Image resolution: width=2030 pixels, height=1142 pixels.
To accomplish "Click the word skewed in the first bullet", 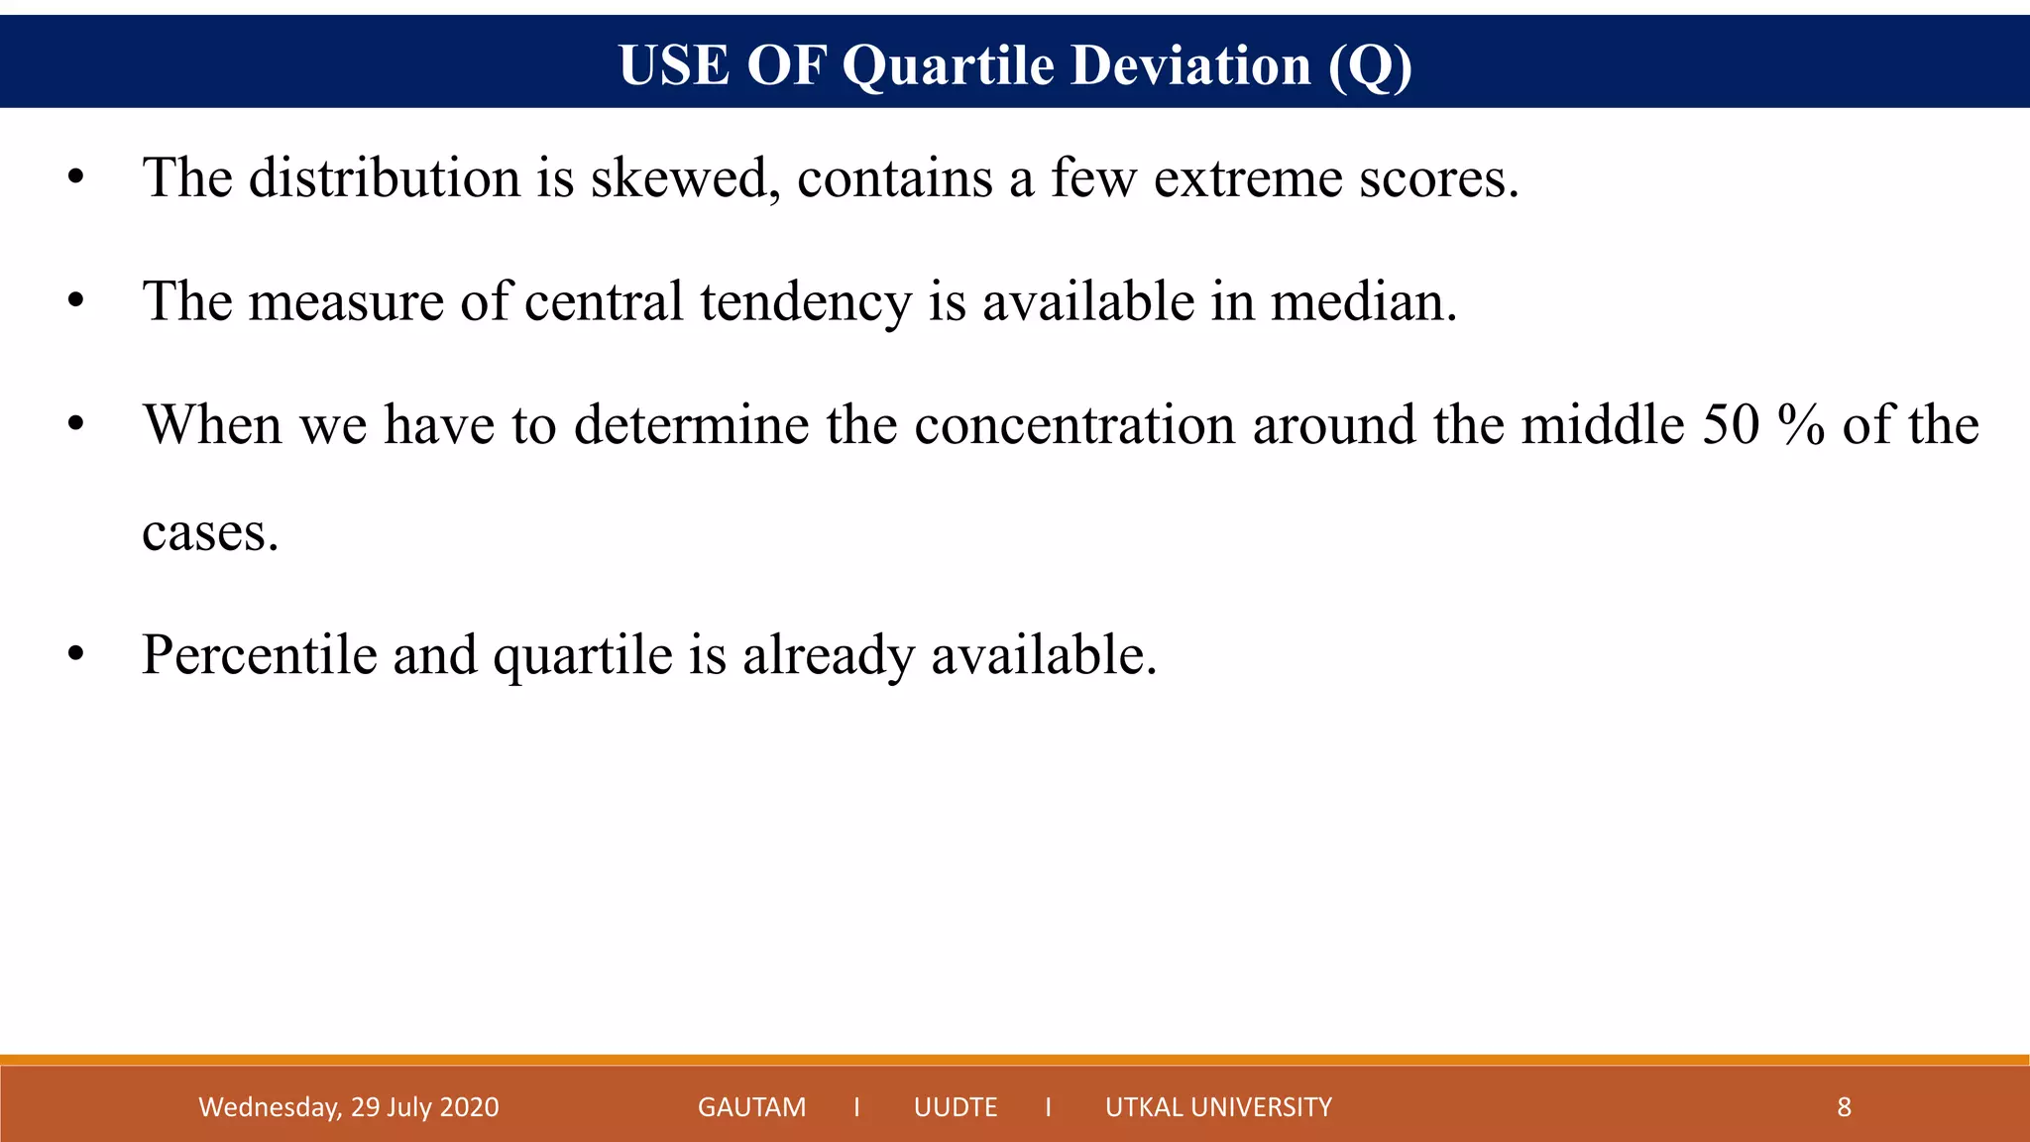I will point(680,179).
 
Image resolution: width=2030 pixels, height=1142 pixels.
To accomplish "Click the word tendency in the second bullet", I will point(805,302).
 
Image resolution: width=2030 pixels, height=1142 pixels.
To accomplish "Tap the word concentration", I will point(1074,425).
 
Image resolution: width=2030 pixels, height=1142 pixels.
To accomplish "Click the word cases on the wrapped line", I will point(210,534).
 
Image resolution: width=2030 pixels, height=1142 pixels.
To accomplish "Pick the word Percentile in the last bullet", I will point(259,655).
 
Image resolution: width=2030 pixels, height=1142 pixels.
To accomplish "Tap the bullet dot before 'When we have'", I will point(76,425).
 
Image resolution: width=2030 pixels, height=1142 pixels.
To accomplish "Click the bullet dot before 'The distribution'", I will point(76,179).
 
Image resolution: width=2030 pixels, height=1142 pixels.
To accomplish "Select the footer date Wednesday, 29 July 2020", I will point(349,1107).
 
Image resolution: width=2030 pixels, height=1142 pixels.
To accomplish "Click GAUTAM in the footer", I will point(751,1107).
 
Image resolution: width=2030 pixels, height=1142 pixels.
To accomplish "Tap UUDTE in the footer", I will point(956,1107).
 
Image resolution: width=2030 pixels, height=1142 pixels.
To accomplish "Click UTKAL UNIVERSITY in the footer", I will point(1218,1107).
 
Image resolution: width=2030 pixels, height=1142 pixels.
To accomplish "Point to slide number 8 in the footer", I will point(1844,1107).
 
